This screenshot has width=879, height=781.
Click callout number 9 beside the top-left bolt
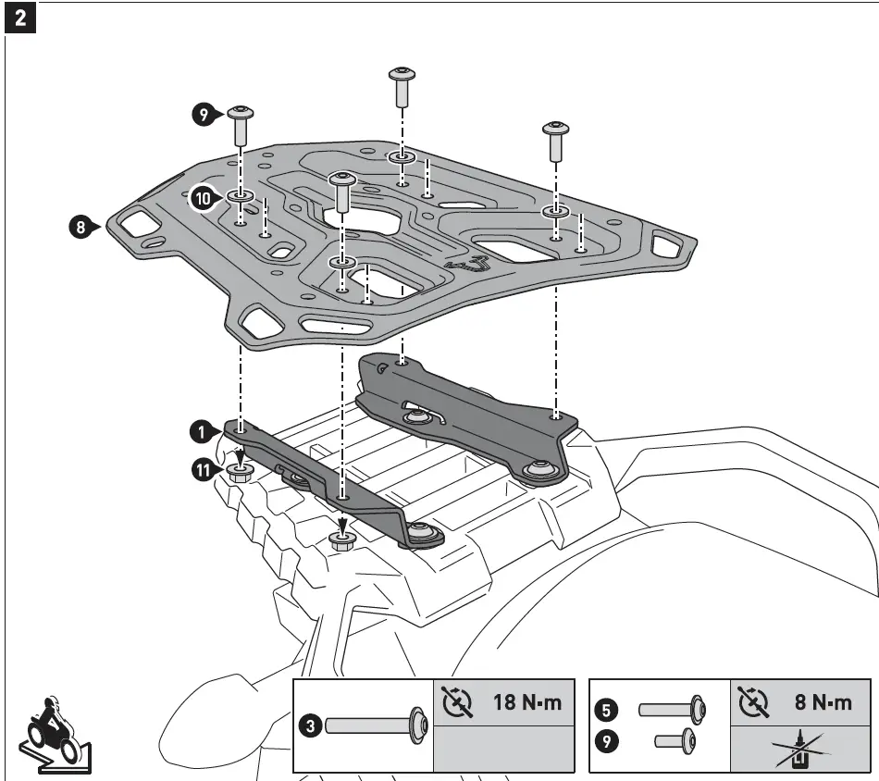(x=203, y=115)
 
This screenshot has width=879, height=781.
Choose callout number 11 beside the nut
(x=203, y=471)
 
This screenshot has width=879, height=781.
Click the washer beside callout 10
(x=238, y=196)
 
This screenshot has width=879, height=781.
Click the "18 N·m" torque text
(x=526, y=702)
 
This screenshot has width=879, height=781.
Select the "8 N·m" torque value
(x=823, y=702)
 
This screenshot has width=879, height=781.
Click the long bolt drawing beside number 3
(x=375, y=726)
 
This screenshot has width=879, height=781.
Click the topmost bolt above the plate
(x=402, y=86)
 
